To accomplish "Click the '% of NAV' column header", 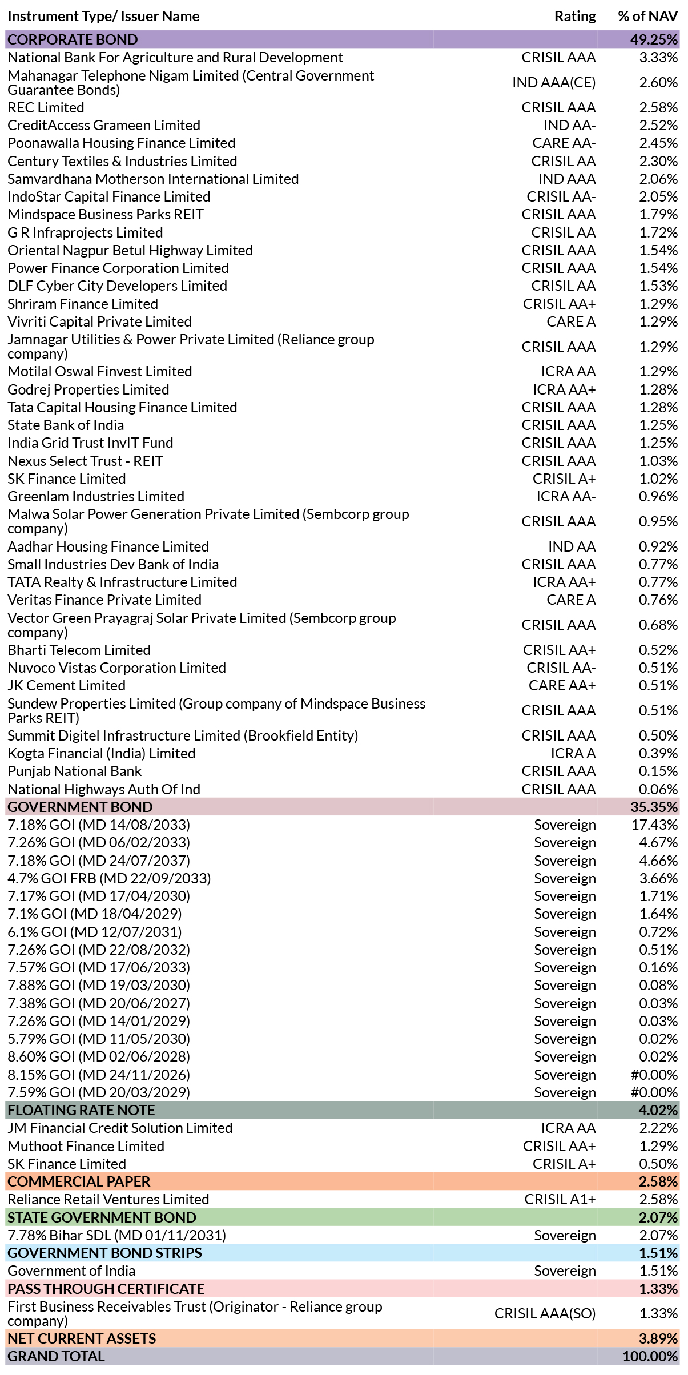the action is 647,16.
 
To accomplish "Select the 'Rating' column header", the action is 575,17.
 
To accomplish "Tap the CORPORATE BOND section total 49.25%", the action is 654,39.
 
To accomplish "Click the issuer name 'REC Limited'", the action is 46,107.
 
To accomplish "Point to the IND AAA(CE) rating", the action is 554,83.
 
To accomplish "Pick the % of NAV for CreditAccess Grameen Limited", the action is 658,125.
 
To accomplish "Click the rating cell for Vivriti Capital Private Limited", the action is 571,321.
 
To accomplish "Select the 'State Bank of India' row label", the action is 66,425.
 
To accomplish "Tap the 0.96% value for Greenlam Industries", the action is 658,496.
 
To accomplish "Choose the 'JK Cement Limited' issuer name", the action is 66,685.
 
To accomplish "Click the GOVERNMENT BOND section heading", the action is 80,807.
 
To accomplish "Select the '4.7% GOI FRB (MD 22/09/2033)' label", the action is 109,878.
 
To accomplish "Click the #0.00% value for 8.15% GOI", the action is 654,1075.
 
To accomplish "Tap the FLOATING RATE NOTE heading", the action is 81,1110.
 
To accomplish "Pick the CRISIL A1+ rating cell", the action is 560,1199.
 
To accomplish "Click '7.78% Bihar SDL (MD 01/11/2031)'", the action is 116,1235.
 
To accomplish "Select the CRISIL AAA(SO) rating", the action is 545,1313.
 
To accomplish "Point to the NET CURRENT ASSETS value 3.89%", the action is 658,1338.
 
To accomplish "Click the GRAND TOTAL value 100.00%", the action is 650,1356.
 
